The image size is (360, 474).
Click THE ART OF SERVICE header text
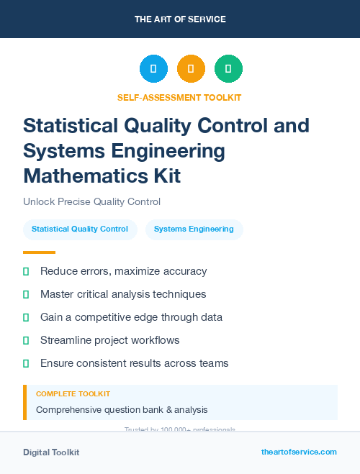pyautogui.click(x=180, y=19)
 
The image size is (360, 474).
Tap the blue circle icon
pyautogui.click(x=153, y=69)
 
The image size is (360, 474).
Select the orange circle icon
pyautogui.click(x=191, y=69)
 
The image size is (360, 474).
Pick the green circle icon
pyautogui.click(x=228, y=69)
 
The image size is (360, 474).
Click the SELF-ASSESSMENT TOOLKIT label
pyautogui.click(x=180, y=97)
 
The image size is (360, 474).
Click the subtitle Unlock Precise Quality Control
pyautogui.click(x=91, y=202)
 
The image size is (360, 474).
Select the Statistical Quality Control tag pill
pyautogui.click(x=80, y=229)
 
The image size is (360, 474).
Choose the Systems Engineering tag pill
pyautogui.click(x=194, y=229)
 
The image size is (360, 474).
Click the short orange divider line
pyautogui.click(x=39, y=252)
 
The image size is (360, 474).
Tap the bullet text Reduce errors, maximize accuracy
pyautogui.click(x=123, y=271)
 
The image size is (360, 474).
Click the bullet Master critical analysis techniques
pyautogui.click(x=123, y=294)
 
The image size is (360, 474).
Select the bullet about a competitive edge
pyautogui.click(x=131, y=317)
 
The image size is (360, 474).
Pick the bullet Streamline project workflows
pyautogui.click(x=109, y=340)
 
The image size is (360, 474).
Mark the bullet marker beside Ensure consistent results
pyautogui.click(x=26, y=363)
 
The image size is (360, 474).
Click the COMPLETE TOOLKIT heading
pyautogui.click(x=73, y=394)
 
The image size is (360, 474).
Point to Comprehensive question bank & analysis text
pyautogui.click(x=122, y=410)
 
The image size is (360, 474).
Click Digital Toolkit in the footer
pyautogui.click(x=51, y=452)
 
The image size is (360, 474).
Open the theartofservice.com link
pyautogui.click(x=299, y=452)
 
